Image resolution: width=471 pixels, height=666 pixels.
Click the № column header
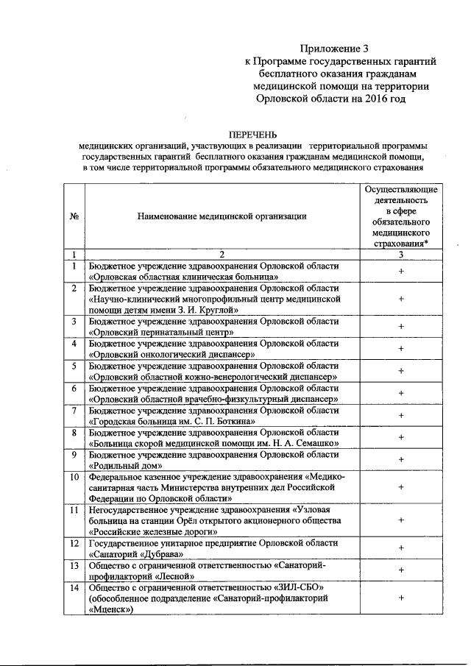(x=74, y=216)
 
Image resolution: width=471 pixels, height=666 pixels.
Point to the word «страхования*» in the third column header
(x=401, y=244)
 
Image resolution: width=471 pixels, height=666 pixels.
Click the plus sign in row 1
(x=401, y=271)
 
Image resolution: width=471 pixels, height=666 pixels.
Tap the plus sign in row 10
(x=401, y=487)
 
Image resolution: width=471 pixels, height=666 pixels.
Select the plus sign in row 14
(x=401, y=598)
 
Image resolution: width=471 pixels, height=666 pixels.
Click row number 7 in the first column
(x=74, y=410)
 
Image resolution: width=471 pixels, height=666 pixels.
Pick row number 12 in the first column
(x=74, y=542)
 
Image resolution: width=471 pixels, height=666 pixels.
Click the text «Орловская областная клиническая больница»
(x=183, y=277)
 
